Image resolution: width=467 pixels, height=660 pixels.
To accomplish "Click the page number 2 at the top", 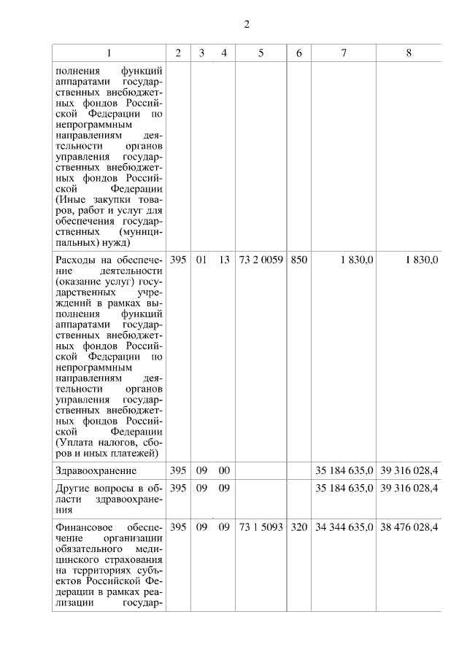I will click(247, 25).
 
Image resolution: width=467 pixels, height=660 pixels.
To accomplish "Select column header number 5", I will click(260, 53).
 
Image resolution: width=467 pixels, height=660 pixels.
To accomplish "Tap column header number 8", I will click(409, 53).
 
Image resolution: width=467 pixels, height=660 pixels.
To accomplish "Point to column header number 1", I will click(109, 53).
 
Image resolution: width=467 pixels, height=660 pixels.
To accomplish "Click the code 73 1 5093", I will click(260, 527).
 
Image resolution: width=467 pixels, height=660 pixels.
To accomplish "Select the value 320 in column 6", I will click(298, 527).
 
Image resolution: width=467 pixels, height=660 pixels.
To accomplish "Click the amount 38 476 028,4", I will click(409, 527).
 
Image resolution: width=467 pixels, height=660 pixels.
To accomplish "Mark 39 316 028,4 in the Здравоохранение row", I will click(409, 470).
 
